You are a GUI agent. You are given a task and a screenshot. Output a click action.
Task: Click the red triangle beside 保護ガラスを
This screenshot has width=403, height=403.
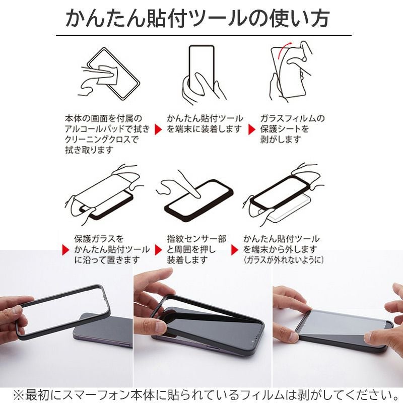click(x=65, y=249)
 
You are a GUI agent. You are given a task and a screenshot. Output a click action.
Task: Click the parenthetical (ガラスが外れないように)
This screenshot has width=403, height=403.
click(x=283, y=260)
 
